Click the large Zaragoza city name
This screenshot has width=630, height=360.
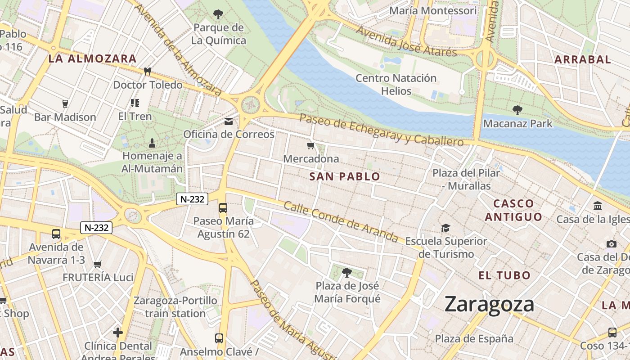click(489, 305)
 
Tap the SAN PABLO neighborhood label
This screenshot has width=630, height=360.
click(345, 177)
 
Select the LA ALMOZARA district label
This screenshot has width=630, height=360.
click(92, 58)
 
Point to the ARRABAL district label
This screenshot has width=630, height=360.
click(582, 59)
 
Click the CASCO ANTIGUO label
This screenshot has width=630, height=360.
click(513, 210)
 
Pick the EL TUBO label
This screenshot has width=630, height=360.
click(504, 275)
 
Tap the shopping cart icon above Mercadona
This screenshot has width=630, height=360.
click(310, 145)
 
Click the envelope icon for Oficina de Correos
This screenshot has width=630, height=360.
click(229, 121)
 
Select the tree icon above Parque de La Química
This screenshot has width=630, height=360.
click(218, 14)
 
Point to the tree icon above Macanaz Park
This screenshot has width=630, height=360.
click(517, 110)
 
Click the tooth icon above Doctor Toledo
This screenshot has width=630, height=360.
click(147, 71)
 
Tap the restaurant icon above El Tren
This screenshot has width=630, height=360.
click(135, 103)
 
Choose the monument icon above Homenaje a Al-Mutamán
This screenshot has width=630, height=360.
click(152, 143)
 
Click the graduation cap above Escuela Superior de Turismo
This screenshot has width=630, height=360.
click(445, 228)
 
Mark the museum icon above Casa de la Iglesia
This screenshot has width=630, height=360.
click(598, 206)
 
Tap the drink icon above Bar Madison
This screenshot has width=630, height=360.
click(65, 104)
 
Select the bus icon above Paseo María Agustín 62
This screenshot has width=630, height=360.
click(223, 208)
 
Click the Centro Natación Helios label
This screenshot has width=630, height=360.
click(396, 85)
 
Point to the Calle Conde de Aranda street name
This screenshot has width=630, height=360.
click(341, 221)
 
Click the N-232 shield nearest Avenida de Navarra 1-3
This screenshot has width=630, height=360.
click(96, 228)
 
